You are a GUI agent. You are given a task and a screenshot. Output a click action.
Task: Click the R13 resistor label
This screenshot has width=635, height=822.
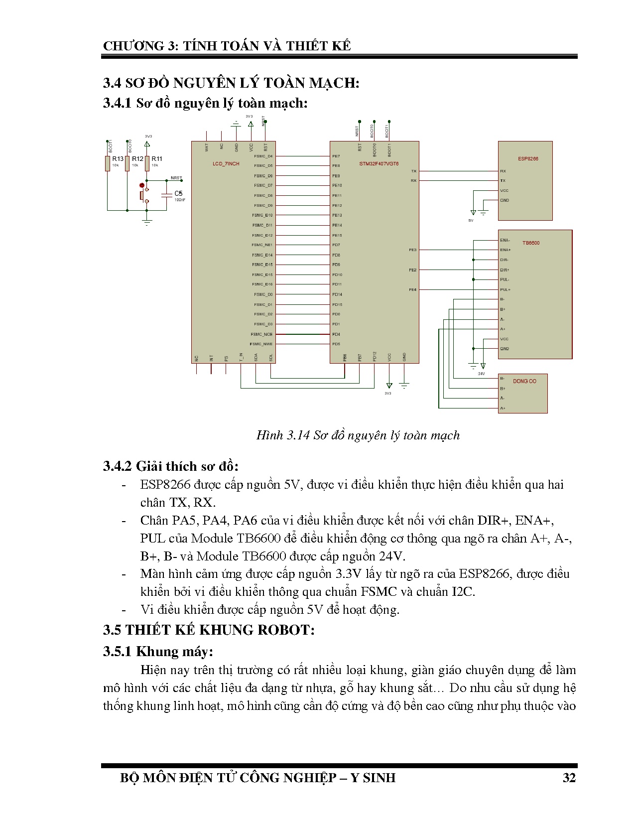pos(118,159)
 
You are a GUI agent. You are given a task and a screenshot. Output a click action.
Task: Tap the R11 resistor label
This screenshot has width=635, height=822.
pos(157,159)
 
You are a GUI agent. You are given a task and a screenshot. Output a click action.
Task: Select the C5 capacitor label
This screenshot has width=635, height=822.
pos(178,193)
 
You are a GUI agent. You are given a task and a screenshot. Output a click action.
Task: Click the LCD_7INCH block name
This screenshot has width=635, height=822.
pos(226,164)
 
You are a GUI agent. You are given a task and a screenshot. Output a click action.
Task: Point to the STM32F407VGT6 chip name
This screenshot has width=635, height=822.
pos(379,164)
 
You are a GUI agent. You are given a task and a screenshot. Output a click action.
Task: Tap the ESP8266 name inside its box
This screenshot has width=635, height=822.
pos(528,159)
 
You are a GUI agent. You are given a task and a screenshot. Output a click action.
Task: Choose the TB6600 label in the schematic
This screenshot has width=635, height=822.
pos(531,243)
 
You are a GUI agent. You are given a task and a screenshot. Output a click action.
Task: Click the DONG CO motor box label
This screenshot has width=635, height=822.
pos(524,381)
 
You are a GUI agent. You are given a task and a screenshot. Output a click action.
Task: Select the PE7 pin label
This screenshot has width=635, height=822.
pos(336,156)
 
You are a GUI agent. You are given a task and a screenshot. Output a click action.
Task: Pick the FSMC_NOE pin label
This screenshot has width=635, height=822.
pos(261,334)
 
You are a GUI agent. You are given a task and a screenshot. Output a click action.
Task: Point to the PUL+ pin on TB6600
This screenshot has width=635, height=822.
pos(505,289)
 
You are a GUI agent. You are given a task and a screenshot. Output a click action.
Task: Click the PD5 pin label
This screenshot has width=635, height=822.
pos(336,344)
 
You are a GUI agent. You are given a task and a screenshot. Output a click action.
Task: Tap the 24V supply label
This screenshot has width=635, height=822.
pos(481,374)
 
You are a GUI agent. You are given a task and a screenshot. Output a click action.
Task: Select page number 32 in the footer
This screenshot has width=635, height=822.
pos(569,778)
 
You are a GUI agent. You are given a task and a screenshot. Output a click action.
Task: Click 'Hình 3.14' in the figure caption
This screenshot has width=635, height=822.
pos(282,435)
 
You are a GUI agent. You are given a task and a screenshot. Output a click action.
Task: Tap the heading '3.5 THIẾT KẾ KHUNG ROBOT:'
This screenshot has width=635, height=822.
pos(209,630)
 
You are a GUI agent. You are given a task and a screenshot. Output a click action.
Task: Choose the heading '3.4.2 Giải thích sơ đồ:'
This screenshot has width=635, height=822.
pos(171,466)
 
